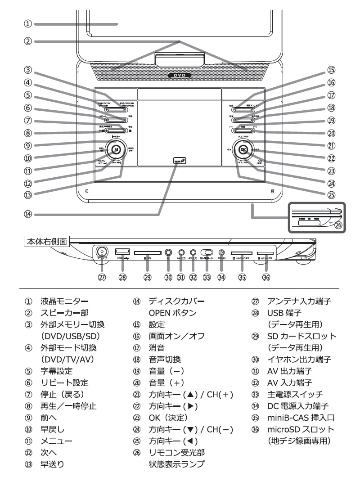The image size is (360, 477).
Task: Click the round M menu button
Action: [116, 149]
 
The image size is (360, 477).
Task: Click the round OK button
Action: [243, 149]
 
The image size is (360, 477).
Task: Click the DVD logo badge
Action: [180, 76]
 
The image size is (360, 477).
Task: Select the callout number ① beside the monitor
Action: [28, 23]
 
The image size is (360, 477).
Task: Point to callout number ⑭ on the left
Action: [28, 215]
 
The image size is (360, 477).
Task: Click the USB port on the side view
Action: [122, 252]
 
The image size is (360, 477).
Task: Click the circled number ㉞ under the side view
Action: [221, 278]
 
